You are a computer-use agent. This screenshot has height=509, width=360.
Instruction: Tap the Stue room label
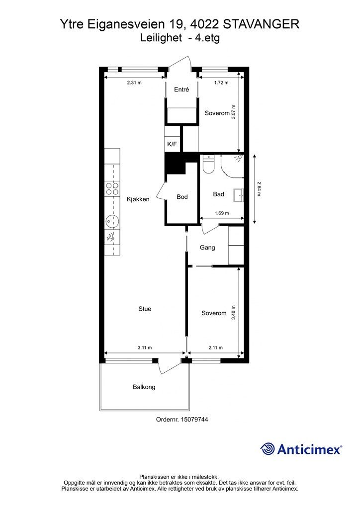[x=145, y=309]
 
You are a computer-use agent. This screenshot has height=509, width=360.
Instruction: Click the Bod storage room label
[x=182, y=197]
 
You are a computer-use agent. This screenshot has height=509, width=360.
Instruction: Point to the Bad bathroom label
[x=218, y=194]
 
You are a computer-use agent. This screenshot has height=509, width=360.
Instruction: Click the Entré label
[x=181, y=89]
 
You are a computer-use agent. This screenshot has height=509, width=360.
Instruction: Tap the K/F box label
[x=172, y=145]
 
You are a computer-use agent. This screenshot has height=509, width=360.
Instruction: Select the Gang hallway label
[x=207, y=247]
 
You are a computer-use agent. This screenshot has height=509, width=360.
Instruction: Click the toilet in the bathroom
[x=208, y=165]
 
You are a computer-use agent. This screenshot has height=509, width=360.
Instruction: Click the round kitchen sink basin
[x=111, y=219]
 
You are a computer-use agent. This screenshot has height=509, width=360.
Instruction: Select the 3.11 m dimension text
[x=144, y=347]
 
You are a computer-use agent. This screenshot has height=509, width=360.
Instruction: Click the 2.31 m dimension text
[x=134, y=83]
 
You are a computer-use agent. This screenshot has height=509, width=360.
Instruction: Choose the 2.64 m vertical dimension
[x=259, y=188]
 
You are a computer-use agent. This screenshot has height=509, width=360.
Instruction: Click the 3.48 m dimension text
[x=234, y=312]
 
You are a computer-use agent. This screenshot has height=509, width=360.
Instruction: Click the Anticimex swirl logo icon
[x=268, y=449]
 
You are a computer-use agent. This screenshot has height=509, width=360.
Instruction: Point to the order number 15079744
[x=189, y=419]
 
